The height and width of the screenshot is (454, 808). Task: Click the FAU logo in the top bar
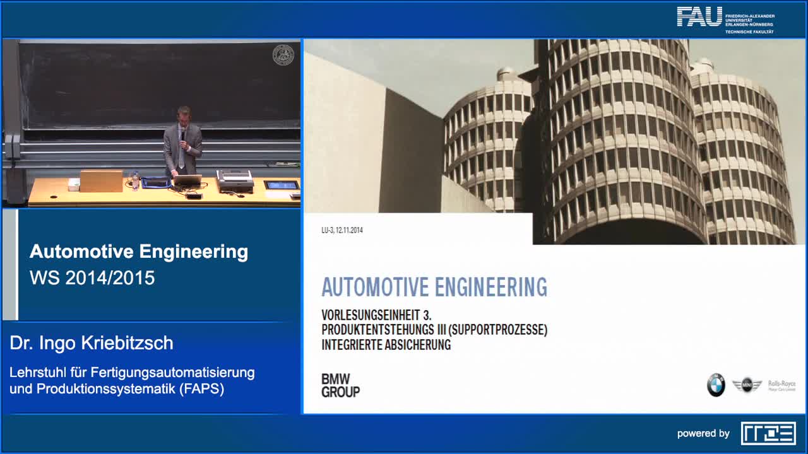pyautogui.click(x=699, y=16)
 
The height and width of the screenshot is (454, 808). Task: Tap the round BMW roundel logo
pyautogui.click(x=716, y=385)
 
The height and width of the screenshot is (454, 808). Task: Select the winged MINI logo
pyautogui.click(x=747, y=385)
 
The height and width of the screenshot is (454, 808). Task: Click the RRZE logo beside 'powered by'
pyautogui.click(x=768, y=433)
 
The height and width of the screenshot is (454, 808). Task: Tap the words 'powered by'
pyautogui.click(x=703, y=434)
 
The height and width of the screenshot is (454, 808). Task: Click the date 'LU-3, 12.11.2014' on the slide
pyautogui.click(x=342, y=230)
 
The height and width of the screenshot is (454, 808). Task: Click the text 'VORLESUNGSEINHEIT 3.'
pyautogui.click(x=376, y=315)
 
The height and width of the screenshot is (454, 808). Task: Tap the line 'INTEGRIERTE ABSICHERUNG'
pyautogui.click(x=386, y=345)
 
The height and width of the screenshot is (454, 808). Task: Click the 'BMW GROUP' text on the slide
pyautogui.click(x=340, y=385)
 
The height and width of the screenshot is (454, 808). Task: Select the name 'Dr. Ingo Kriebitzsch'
pyautogui.click(x=92, y=343)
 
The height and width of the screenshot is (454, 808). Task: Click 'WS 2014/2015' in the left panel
pyautogui.click(x=92, y=278)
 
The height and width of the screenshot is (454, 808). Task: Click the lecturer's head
pyautogui.click(x=184, y=115)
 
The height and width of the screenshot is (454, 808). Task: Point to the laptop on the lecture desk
pyautogui.click(x=187, y=180)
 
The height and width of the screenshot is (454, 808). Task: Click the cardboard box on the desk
pyautogui.click(x=101, y=180)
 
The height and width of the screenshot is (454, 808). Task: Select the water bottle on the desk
pyautogui.click(x=135, y=182)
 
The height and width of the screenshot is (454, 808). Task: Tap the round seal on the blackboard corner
pyautogui.click(x=283, y=55)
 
